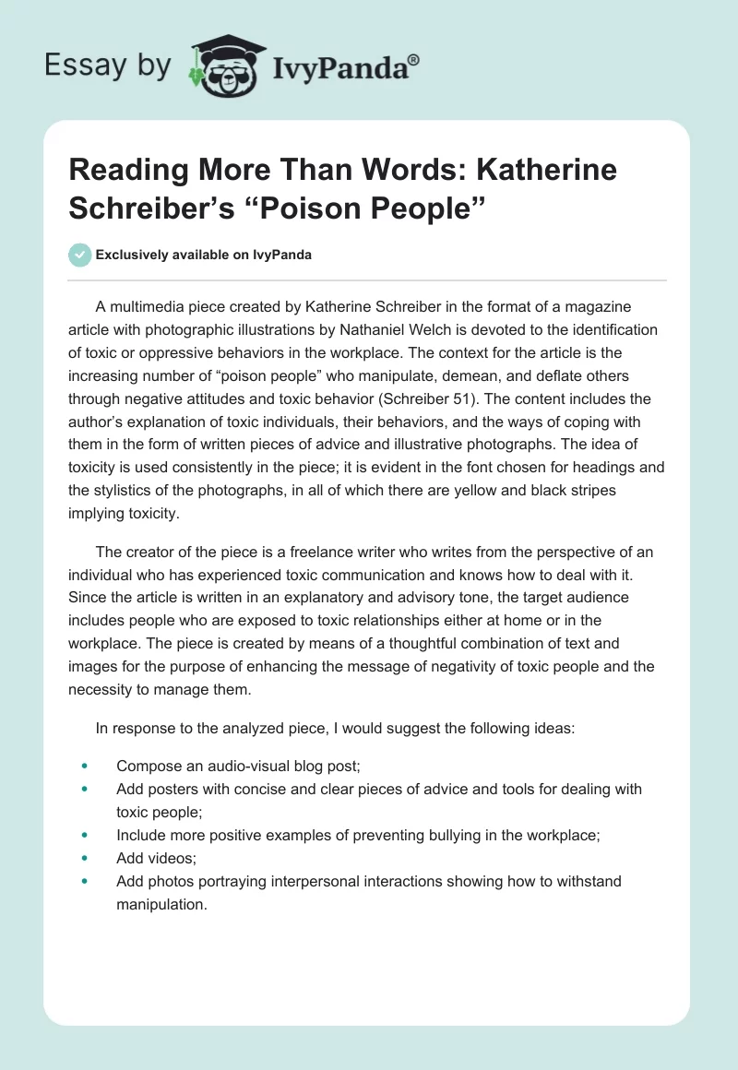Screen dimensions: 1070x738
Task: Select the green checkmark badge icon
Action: point(80,255)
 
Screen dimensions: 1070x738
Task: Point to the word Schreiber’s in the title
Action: point(156,208)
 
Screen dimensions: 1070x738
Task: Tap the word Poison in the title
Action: point(310,208)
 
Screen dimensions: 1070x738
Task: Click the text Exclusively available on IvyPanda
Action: point(204,255)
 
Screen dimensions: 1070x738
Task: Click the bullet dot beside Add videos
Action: point(84,858)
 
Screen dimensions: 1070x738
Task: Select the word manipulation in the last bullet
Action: point(160,905)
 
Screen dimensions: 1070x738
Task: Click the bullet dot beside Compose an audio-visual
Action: point(84,766)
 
